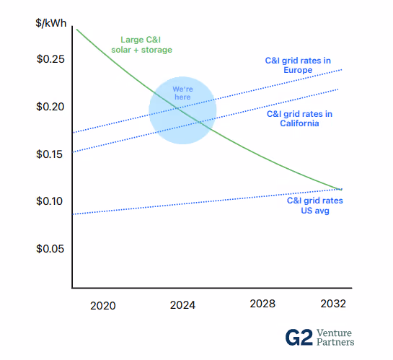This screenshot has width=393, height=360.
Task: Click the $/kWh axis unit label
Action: [x=51, y=23]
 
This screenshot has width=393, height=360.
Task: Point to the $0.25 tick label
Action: [x=50, y=59]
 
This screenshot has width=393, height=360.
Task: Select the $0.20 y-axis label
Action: [x=50, y=107]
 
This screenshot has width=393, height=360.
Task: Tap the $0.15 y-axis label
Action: [x=49, y=154]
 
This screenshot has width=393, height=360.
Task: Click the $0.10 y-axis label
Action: [x=49, y=201]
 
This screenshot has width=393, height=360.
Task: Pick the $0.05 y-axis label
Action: [x=50, y=249]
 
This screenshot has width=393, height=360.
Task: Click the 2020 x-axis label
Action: [x=103, y=306]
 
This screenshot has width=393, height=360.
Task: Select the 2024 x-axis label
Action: [x=182, y=305]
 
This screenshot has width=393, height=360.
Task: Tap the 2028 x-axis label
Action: [x=262, y=304]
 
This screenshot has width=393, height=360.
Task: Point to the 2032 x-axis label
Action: [x=333, y=304]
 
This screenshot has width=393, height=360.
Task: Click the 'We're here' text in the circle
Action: [x=182, y=93]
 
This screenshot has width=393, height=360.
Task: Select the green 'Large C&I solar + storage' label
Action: [x=141, y=45]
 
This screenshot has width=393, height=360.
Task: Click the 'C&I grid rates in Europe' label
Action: [x=298, y=65]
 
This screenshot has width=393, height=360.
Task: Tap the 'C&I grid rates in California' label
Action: [x=299, y=118]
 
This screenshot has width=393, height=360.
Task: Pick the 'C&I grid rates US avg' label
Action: [x=315, y=206]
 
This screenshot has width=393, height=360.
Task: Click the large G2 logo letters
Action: [x=299, y=338]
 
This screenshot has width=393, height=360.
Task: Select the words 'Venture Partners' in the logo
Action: [x=335, y=338]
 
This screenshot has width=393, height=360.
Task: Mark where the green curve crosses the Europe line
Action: [x=177, y=108]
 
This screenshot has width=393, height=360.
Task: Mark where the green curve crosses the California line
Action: [x=200, y=123]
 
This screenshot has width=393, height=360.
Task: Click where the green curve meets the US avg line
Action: [x=340, y=189]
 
